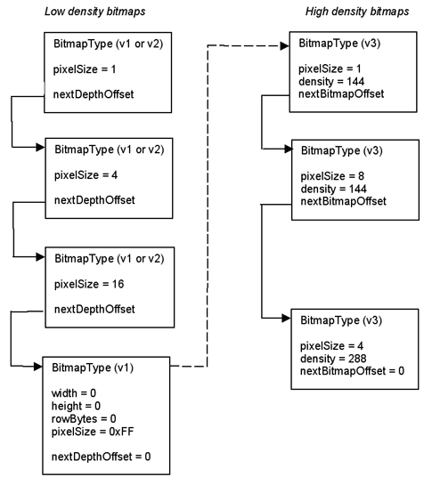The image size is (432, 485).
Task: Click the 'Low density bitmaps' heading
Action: click(x=94, y=12)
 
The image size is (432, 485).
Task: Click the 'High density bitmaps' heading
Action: click(x=357, y=12)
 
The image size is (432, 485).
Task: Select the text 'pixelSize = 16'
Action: click(x=89, y=284)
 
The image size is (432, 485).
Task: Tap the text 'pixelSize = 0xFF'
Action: click(x=93, y=432)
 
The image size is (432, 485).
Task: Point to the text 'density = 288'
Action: click(x=333, y=359)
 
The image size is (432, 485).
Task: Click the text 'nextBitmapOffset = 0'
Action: click(x=352, y=371)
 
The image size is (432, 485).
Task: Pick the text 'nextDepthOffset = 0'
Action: click(x=101, y=457)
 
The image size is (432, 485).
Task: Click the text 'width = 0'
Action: click(x=74, y=393)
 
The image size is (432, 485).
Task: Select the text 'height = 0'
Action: click(x=76, y=406)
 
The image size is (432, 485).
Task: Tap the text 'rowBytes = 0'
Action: click(x=84, y=419)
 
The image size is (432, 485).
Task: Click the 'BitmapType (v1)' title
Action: click(x=93, y=368)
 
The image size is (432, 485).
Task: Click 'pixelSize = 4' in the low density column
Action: click(x=86, y=175)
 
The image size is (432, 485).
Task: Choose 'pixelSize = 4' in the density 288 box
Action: click(x=331, y=346)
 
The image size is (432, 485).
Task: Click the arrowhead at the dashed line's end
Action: click(x=285, y=46)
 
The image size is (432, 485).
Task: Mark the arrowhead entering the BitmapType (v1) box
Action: click(x=37, y=367)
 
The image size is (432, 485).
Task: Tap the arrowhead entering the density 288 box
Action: click(x=286, y=318)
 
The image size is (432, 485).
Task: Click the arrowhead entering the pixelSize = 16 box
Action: click(x=41, y=256)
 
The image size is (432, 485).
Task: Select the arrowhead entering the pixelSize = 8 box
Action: click(x=289, y=150)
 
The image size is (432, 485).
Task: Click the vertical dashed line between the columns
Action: click(x=208, y=206)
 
